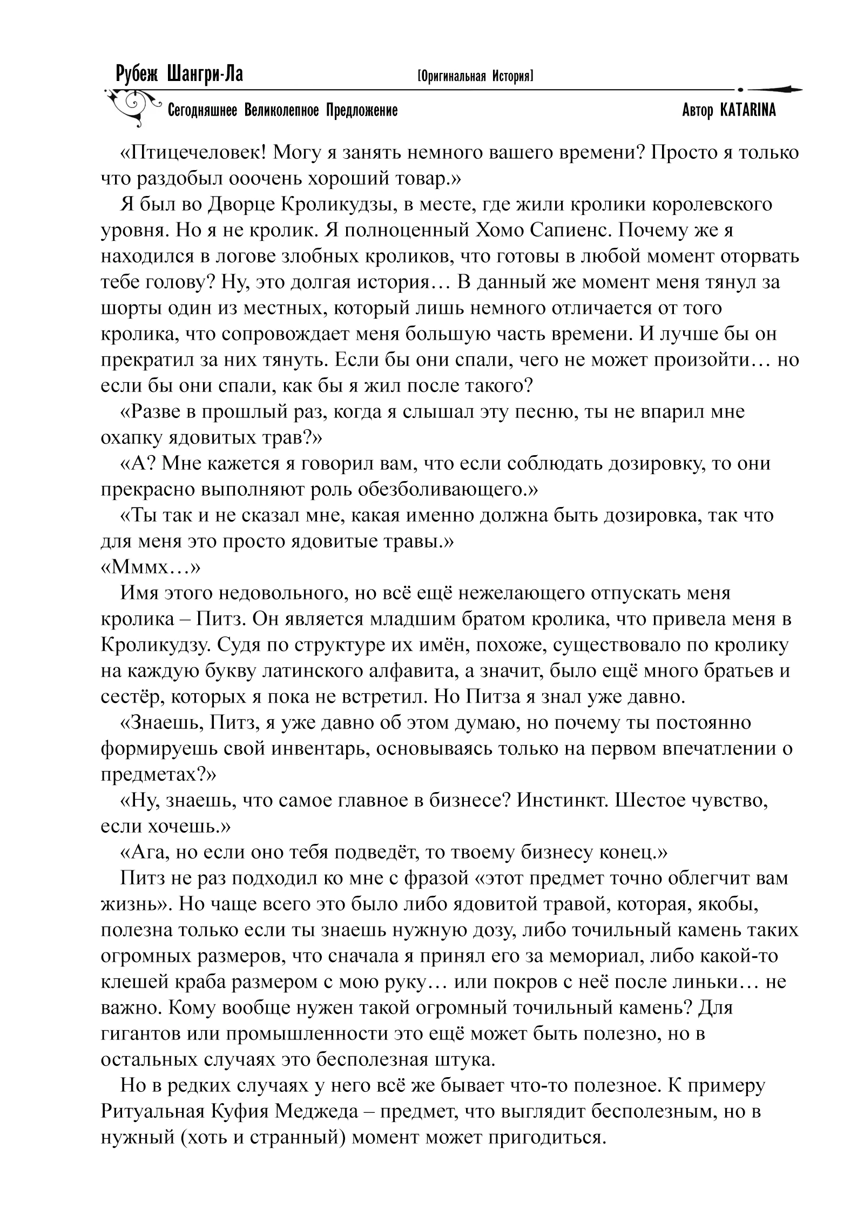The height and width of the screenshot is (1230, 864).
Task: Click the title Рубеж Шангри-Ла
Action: click(x=179, y=74)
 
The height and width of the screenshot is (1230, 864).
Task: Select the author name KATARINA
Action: click(x=747, y=111)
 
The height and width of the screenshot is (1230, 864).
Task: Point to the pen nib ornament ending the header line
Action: click(x=778, y=89)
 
